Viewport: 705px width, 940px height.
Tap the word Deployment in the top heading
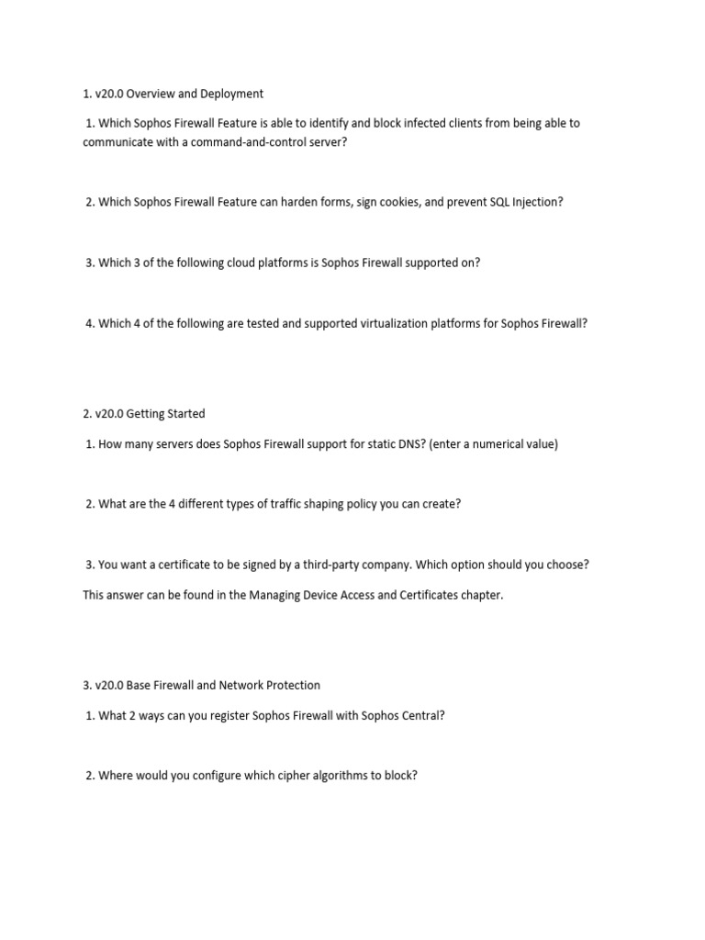[231, 94]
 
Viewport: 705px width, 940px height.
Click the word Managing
[267, 595]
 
